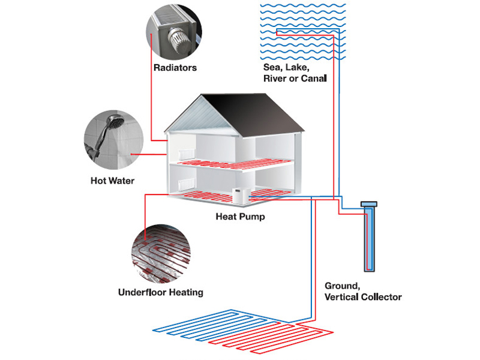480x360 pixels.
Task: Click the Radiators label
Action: click(175, 68)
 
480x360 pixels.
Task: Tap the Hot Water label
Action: click(112, 181)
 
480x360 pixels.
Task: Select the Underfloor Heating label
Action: click(161, 293)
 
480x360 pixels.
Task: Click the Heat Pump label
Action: click(240, 217)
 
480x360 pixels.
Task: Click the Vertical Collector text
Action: click(363, 296)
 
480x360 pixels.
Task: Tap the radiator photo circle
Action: click(174, 30)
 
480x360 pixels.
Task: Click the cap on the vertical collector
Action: click(368, 204)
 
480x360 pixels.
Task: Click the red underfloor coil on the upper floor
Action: click(228, 165)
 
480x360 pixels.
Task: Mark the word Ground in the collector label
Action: click(341, 286)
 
